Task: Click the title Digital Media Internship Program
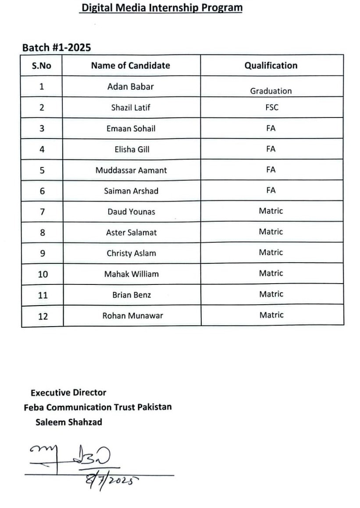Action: tap(161, 7)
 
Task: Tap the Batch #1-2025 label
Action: tap(57, 47)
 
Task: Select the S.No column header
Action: tap(42, 66)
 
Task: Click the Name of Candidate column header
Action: tap(130, 65)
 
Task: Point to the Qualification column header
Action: tap(271, 65)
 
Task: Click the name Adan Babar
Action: tap(130, 86)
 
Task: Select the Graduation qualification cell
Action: tap(271, 91)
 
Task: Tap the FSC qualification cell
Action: tap(271, 107)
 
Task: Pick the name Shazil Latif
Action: tap(131, 107)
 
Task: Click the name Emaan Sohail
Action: tap(131, 128)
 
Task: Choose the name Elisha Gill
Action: tap(132, 149)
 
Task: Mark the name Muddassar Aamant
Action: tap(131, 170)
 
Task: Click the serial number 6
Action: tap(42, 191)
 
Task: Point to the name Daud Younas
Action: tap(131, 212)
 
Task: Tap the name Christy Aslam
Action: tap(131, 253)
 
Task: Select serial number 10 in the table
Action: tap(43, 274)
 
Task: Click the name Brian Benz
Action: tap(131, 295)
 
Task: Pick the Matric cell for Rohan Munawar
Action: tap(271, 315)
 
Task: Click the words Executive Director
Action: tap(68, 393)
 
